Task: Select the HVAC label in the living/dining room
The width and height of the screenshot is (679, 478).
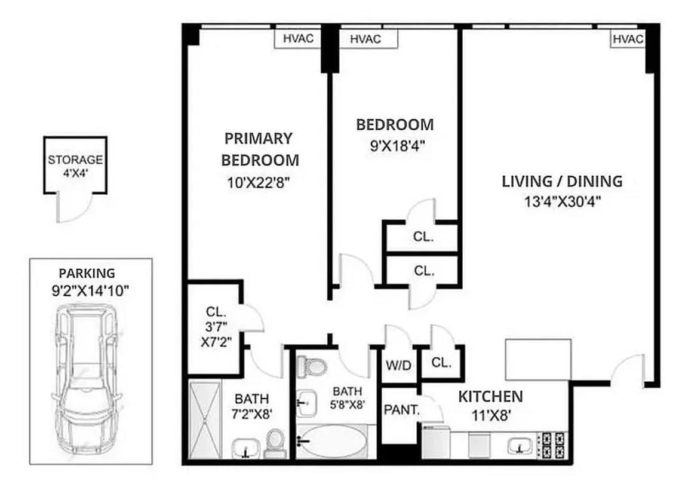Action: [627, 39]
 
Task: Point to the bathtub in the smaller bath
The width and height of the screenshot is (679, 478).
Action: [332, 442]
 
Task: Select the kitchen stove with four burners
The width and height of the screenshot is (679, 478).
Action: [551, 445]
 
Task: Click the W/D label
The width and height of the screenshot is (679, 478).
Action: [398, 365]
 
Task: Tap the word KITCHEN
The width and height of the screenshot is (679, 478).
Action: [490, 396]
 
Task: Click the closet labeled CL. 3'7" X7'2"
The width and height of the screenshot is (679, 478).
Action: [215, 326]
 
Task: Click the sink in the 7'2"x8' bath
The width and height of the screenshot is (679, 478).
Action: [245, 446]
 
